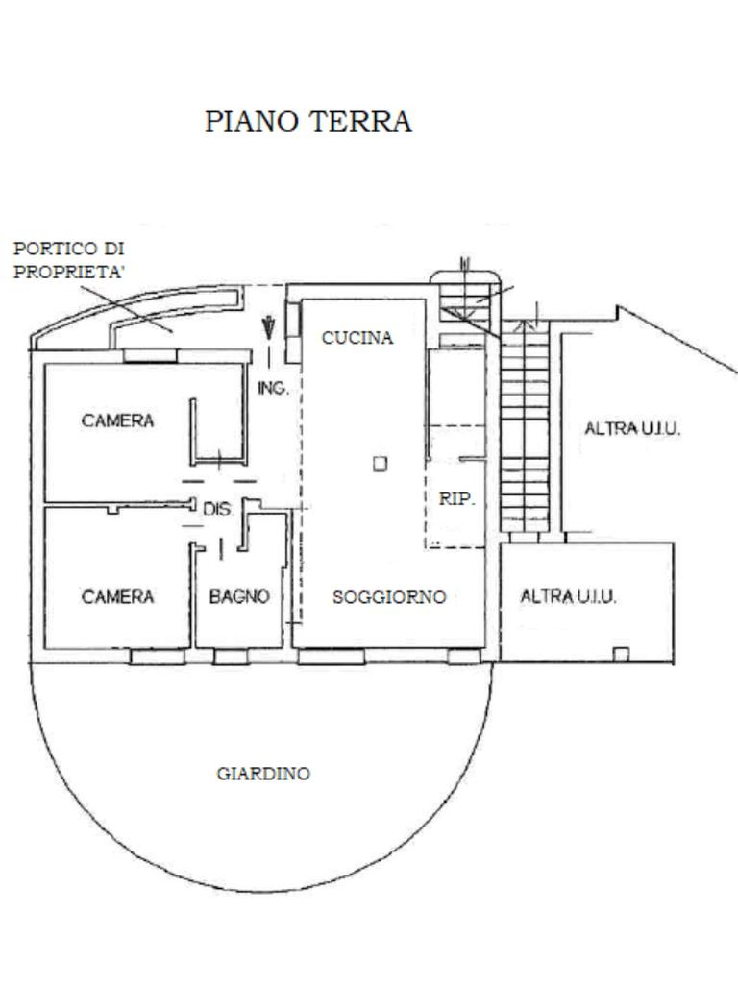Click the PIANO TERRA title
(x=307, y=122)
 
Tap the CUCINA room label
(x=357, y=338)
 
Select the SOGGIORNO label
(x=389, y=597)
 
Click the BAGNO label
(x=239, y=597)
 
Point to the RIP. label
(x=456, y=499)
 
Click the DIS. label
(x=218, y=510)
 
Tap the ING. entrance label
(x=273, y=389)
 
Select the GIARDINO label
(x=263, y=774)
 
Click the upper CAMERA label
(x=118, y=420)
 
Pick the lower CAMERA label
(x=118, y=597)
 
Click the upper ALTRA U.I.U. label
(x=632, y=429)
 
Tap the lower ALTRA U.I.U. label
(x=568, y=597)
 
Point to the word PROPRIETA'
(x=69, y=272)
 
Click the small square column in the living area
(x=381, y=465)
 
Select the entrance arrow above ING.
(x=269, y=326)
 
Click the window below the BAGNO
(x=231, y=658)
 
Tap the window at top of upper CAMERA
(x=151, y=354)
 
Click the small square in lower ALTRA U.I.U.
(x=621, y=655)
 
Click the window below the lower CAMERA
(x=158, y=658)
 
